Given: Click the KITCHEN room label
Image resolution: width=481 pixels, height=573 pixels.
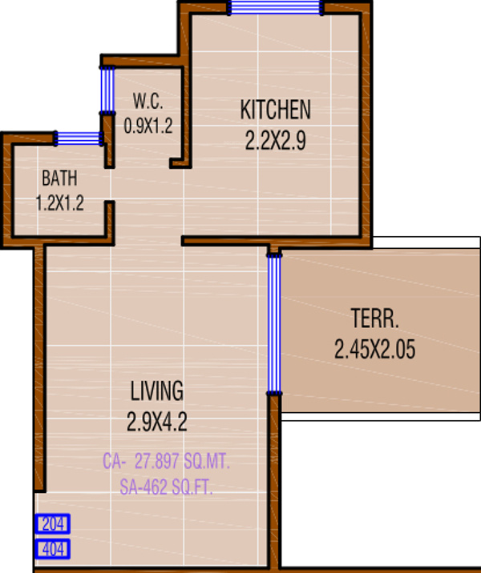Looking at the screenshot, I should click(275, 110).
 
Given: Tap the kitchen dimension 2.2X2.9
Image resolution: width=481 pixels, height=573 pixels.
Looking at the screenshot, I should click(275, 141).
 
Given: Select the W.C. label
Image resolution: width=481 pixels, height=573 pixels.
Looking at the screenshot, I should click(148, 102).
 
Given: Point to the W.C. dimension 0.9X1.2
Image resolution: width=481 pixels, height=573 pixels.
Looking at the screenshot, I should click(148, 125).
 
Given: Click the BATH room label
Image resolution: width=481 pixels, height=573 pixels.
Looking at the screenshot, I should click(60, 178).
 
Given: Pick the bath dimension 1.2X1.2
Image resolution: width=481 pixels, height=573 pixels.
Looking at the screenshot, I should click(60, 202).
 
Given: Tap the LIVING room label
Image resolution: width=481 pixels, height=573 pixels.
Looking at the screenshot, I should click(157, 391).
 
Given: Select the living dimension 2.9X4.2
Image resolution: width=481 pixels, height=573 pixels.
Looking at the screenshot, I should click(157, 422).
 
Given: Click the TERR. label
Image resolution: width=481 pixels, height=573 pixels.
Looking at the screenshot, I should click(374, 319).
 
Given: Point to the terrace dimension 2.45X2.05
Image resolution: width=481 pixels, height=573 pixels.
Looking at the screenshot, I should click(374, 350).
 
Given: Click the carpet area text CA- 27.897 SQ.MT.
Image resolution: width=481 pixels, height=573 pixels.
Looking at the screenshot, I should click(168, 462).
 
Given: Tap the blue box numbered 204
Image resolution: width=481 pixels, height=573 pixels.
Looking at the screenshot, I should click(53, 524).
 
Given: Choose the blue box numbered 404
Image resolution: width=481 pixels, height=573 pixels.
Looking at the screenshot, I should click(53, 549).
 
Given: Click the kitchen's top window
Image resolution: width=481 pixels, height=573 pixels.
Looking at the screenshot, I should click(275, 8).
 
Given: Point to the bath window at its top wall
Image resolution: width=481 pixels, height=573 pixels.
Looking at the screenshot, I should click(78, 138).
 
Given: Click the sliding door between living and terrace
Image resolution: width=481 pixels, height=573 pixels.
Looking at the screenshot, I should click(274, 324).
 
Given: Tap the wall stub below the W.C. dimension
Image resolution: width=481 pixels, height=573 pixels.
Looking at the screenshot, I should click(180, 164).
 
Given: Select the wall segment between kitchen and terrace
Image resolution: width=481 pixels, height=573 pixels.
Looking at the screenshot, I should click(321, 240).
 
